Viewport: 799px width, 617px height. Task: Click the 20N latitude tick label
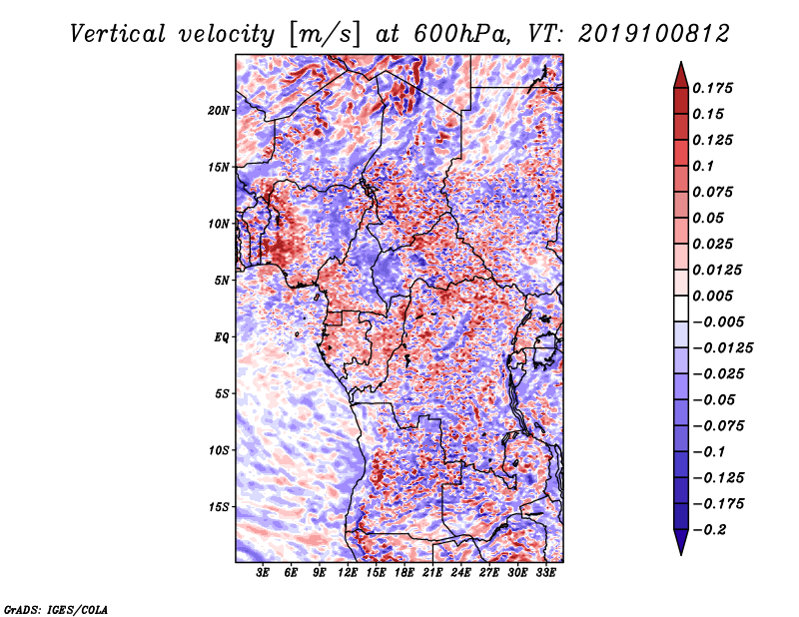[219, 111]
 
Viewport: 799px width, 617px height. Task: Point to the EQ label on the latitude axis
[222, 337]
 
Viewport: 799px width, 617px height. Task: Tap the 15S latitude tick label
[219, 507]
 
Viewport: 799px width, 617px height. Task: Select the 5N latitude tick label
[222, 281]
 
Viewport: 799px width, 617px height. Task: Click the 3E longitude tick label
[263, 572]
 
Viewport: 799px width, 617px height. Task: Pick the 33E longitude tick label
[545, 572]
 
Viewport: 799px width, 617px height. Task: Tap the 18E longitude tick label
[404, 572]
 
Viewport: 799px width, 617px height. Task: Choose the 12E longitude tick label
[348, 572]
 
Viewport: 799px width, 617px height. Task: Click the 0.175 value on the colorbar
[713, 88]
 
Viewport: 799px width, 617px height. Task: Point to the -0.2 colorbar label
[709, 530]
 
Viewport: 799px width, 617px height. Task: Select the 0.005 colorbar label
[713, 296]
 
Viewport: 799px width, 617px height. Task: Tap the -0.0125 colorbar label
[722, 348]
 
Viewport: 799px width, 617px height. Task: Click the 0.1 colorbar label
[703, 166]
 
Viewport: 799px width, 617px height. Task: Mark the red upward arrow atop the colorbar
[681, 75]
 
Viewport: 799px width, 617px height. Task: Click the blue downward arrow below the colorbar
[681, 542]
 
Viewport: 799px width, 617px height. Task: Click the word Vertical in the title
[118, 34]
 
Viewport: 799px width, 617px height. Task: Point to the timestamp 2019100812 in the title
[654, 34]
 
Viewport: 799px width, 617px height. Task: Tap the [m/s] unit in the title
[325, 35]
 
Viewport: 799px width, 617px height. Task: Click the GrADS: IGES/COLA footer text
[56, 609]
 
